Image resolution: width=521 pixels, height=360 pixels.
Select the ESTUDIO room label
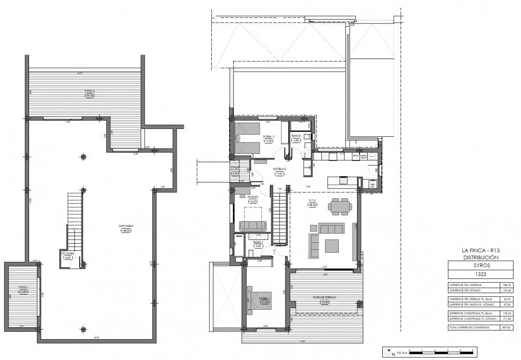pos(253,197)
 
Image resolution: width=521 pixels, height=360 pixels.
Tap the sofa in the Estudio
pos(253,225)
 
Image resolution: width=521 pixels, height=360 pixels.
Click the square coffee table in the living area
pos(332,246)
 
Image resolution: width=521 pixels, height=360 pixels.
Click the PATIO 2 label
pos(90,91)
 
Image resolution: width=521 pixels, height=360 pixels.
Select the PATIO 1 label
pos(23,287)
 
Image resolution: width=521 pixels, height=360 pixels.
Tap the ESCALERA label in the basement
pos(67,253)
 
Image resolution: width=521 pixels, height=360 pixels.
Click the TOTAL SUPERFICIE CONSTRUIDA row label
pos(469,327)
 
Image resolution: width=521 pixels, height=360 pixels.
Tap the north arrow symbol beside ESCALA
pos(387,351)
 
